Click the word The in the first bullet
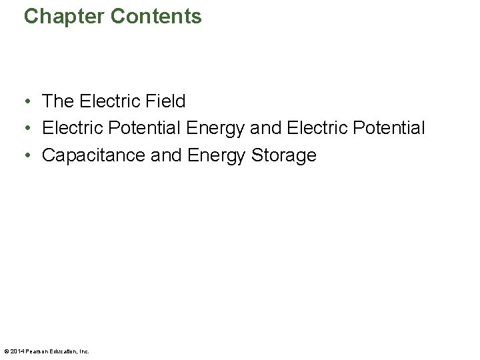(x=58, y=101)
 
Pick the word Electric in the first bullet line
(x=107, y=101)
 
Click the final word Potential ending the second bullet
(x=386, y=128)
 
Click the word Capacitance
(x=94, y=155)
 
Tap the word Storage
(x=283, y=155)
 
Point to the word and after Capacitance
(x=166, y=155)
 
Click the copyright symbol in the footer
(x=6, y=351)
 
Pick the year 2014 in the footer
(x=16, y=351)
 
